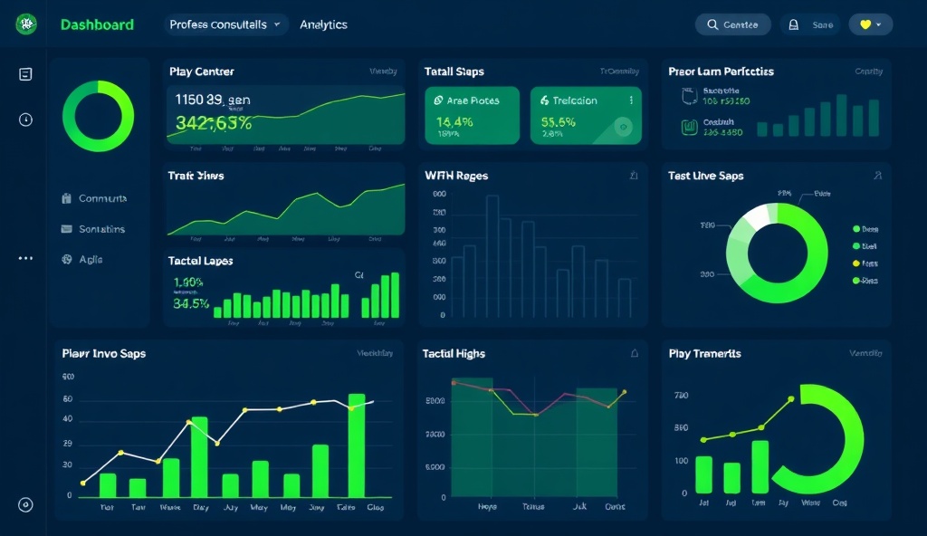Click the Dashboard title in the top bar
[97, 25]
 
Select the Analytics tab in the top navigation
[323, 25]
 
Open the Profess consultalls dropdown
[226, 25]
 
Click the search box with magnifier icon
[732, 25]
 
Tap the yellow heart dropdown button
[870, 25]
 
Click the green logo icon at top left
[26, 25]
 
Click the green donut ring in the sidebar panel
[98, 116]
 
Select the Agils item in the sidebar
[91, 259]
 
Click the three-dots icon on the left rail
[25, 258]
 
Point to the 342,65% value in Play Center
[214, 123]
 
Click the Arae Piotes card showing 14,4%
[472, 115]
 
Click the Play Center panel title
[201, 72]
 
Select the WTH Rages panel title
[456, 176]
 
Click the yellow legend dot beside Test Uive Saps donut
[856, 263]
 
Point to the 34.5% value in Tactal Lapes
[190, 303]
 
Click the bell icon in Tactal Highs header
[634, 354]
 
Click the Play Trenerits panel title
[704, 354]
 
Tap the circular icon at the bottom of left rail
[25, 505]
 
